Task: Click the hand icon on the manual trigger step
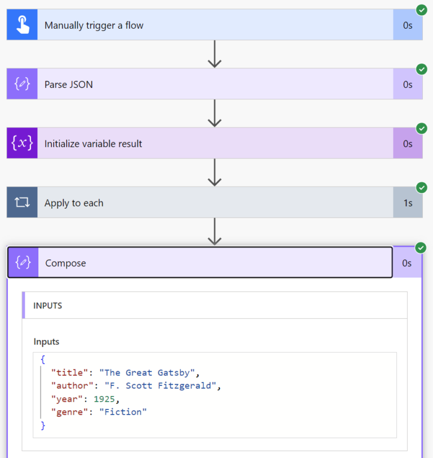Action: coord(22,25)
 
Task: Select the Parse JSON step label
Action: coord(69,85)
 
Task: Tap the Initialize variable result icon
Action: coord(22,143)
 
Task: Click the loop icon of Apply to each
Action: coord(22,203)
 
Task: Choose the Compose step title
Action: coord(65,263)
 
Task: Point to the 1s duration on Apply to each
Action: coord(408,203)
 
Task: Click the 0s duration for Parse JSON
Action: coord(408,85)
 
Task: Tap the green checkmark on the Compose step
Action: coord(421,248)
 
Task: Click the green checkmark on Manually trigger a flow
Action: coord(421,10)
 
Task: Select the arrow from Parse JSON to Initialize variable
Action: coord(214,113)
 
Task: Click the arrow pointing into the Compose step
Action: coord(214,232)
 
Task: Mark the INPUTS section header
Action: coord(48,306)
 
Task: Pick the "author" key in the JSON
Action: coord(72,386)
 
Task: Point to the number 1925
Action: coord(105,399)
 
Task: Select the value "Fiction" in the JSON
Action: coord(123,412)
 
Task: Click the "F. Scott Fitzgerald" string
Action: coord(161,386)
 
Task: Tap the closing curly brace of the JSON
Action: coord(43,425)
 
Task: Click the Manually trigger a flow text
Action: coord(94,25)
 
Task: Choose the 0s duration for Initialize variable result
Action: coord(408,144)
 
